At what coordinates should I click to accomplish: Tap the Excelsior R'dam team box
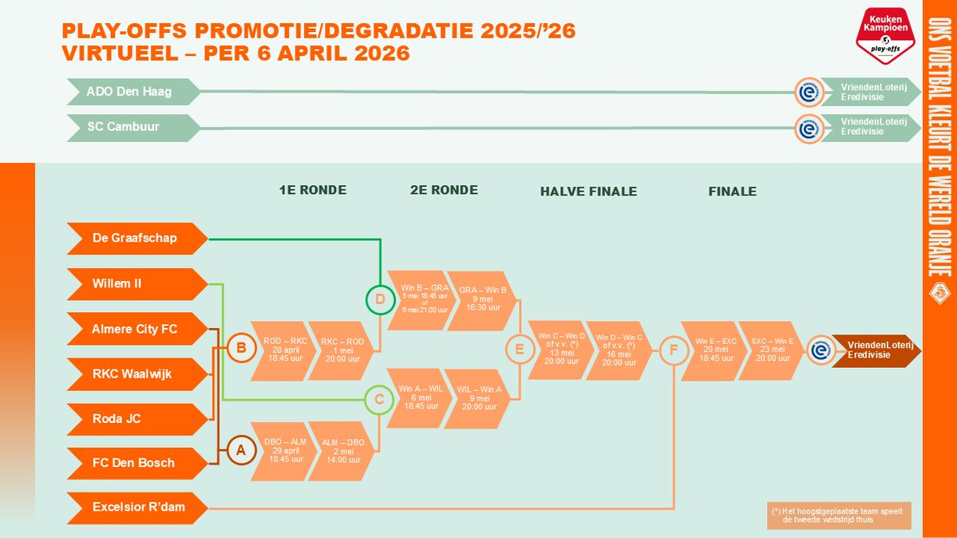(x=136, y=508)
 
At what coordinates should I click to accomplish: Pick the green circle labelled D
(x=380, y=300)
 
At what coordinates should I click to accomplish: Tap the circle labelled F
(x=674, y=350)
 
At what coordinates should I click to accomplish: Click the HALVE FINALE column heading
(x=588, y=192)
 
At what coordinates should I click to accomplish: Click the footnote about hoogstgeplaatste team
(x=838, y=516)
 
